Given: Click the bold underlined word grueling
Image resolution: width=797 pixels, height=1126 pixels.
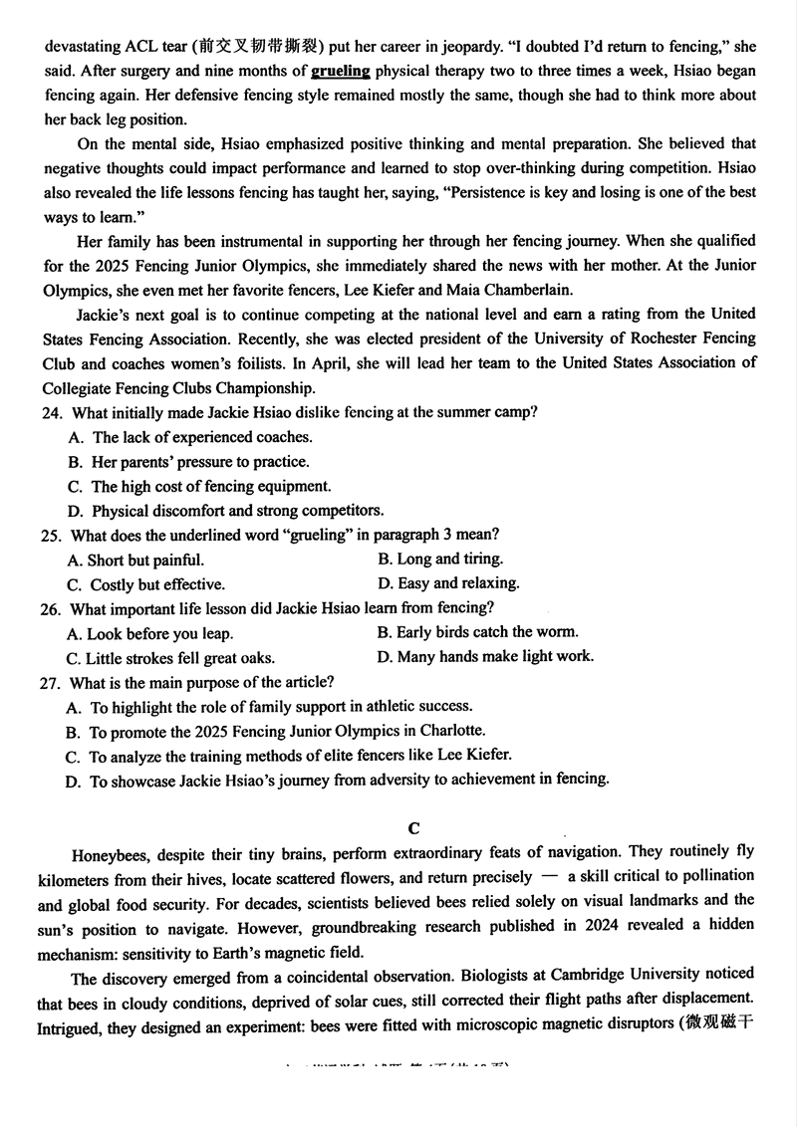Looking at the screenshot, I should click(341, 71).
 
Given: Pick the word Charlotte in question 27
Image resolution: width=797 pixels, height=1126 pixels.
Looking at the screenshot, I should click(447, 731).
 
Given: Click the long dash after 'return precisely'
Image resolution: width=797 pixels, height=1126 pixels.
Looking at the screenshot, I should click(550, 877).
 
